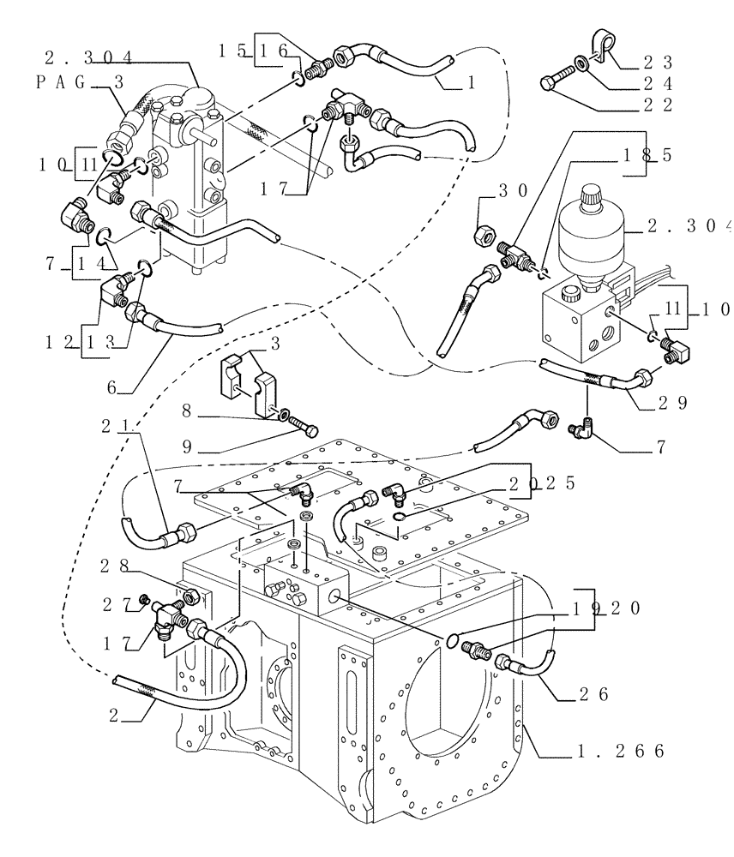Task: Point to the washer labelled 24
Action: coord(582,63)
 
